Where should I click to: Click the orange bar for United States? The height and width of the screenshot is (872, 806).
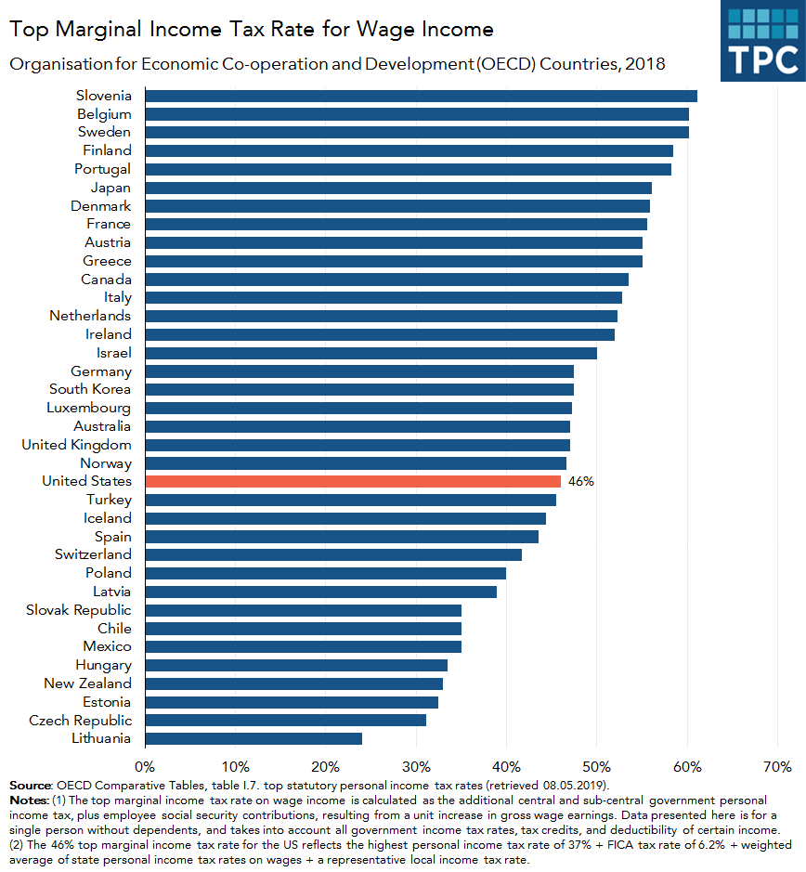[353, 481]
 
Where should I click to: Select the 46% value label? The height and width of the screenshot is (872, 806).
[580, 481]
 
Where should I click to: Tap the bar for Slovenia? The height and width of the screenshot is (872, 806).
[421, 96]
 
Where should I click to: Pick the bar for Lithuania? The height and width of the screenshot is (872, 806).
[253, 738]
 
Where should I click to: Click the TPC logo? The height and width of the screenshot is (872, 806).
[762, 42]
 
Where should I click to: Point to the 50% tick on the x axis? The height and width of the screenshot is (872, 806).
[596, 766]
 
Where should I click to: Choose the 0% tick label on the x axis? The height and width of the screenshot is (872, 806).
[145, 766]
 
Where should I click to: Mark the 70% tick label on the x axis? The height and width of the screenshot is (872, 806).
[776, 766]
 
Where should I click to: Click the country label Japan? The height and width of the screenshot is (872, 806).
[110, 188]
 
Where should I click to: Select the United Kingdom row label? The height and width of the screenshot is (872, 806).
[76, 445]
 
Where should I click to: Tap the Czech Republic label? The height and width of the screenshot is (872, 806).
[80, 721]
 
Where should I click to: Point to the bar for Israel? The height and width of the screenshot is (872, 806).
[370, 353]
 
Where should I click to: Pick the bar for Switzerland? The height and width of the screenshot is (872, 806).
[333, 554]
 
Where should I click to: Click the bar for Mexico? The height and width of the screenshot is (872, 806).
[303, 646]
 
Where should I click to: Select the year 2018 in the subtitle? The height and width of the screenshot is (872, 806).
[646, 64]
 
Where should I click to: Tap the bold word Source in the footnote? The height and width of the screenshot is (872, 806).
[31, 786]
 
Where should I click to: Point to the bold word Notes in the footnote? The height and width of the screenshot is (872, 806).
[29, 800]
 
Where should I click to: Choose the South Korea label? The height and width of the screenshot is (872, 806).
[90, 389]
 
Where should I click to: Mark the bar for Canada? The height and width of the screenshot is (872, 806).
[386, 280]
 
